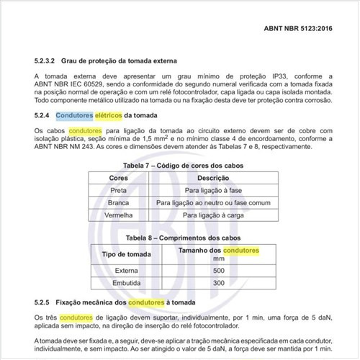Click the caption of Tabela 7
(x=179, y=163)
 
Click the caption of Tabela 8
(x=179, y=238)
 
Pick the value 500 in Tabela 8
(x=219, y=271)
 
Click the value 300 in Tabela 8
(x=219, y=284)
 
